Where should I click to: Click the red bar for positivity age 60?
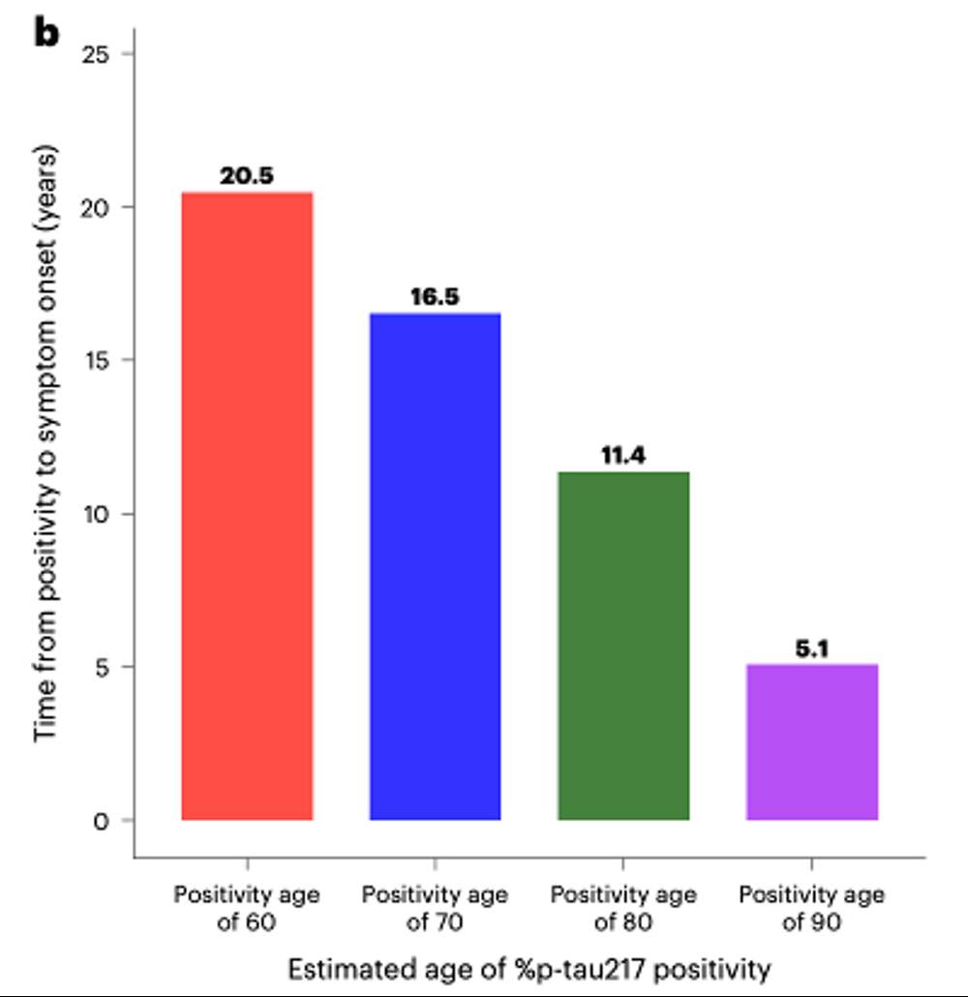247,506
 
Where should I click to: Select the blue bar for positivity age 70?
435,566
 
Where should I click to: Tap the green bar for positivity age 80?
623,646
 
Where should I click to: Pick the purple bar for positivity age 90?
811,741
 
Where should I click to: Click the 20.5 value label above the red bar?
247,177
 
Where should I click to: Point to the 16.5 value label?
435,297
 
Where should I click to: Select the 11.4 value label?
623,456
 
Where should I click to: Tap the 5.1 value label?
811,649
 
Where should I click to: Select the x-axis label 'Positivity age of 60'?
247,907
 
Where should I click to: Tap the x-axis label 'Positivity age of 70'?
435,907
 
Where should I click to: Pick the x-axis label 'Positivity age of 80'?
623,907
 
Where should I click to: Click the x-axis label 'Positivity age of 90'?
811,907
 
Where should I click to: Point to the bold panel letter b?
45,32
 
